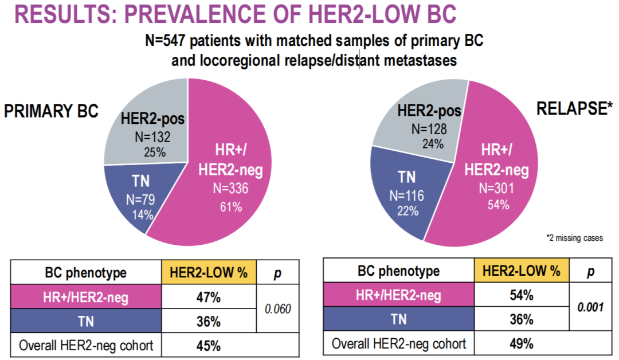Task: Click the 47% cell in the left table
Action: point(209,297)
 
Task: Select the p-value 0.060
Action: point(278,309)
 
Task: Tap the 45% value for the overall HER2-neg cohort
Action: point(209,346)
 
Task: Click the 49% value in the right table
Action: point(522,344)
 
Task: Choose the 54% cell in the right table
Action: point(522,295)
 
